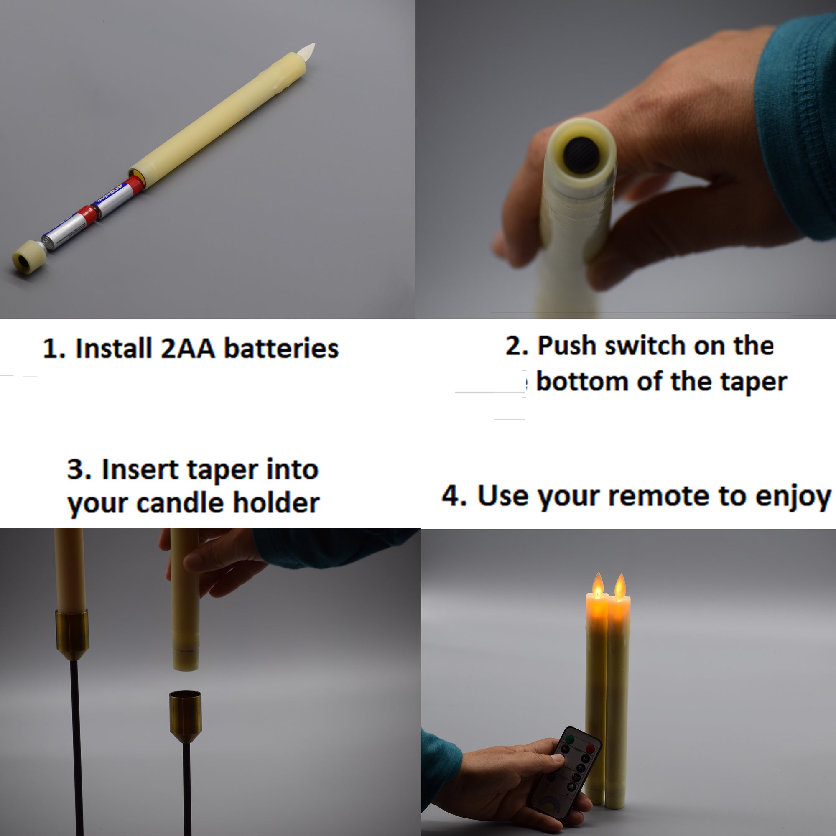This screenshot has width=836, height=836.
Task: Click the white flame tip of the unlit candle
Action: [307, 51]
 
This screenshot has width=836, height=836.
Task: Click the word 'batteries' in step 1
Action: [281, 349]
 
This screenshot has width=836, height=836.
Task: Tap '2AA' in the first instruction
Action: [188, 349]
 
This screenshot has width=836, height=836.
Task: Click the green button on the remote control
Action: [570, 739]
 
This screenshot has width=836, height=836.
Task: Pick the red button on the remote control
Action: [590, 749]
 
